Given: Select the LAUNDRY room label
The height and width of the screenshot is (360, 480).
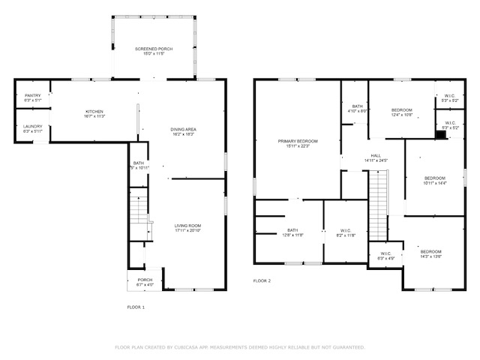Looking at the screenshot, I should coord(32,128).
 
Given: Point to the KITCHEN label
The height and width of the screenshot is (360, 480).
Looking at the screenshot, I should coord(94,114).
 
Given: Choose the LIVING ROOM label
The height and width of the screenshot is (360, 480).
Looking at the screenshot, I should coord(187,228).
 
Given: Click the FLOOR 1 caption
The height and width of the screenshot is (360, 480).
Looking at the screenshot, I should coord(135,307).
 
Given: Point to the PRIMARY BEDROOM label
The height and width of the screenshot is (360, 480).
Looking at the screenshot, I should coord(298,144).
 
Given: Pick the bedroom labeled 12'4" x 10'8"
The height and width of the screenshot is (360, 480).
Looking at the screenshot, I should coord(401,112).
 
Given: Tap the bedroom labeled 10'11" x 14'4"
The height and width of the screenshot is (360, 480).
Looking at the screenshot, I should coord(434,180).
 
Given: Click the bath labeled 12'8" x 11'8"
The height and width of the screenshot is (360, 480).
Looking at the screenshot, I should coord(293,232).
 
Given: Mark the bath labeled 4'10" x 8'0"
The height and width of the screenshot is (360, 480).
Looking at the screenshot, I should coord(357,109).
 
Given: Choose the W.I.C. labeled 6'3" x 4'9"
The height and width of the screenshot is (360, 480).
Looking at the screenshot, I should coord(386,256).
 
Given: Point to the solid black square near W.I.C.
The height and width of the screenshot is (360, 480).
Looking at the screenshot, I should coord(440,134).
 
